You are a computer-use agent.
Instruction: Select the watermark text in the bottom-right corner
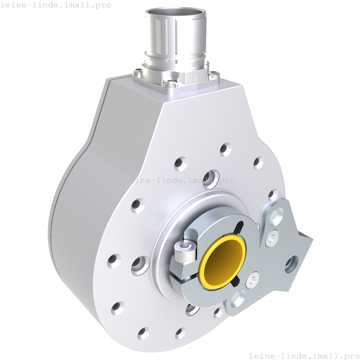[304, 356]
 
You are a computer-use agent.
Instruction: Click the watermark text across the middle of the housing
[180, 180]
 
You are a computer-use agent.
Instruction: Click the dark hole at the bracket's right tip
[292, 264]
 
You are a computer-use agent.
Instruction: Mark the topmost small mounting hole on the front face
[225, 149]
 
